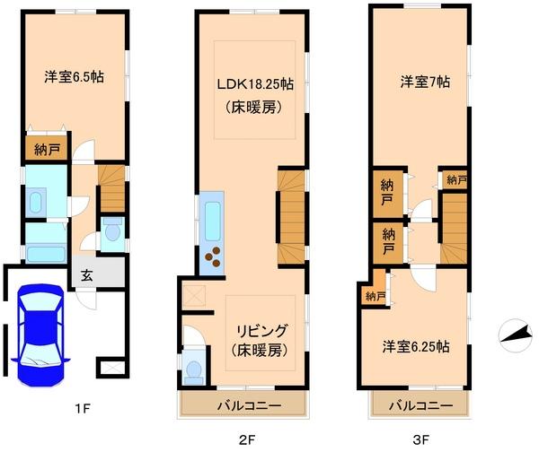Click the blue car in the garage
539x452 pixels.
point(41,332)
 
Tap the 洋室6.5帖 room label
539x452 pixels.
point(75,77)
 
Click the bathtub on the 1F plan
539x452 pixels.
point(45,254)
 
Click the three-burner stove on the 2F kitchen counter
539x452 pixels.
point(216,257)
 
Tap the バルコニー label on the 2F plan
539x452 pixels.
point(249,405)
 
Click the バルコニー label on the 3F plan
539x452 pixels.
point(420,405)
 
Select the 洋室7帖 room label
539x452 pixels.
point(425,82)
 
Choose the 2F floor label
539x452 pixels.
point(249,439)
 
